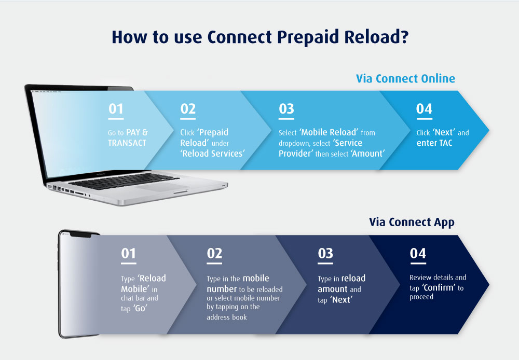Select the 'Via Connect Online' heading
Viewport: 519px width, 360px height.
(x=405, y=78)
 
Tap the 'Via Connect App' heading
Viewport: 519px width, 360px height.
(x=412, y=223)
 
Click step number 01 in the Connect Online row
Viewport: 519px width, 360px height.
(x=116, y=109)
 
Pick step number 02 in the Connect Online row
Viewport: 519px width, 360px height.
(x=188, y=109)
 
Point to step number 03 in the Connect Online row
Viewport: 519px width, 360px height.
(x=286, y=109)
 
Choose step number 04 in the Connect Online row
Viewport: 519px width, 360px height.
(x=425, y=109)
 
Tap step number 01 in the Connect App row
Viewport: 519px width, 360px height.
(x=128, y=254)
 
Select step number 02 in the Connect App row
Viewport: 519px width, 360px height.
(x=214, y=254)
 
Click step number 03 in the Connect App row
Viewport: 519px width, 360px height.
(x=325, y=254)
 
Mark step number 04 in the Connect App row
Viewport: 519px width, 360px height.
(x=418, y=254)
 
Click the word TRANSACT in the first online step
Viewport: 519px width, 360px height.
(x=127, y=143)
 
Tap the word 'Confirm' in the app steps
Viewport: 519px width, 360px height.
(x=439, y=287)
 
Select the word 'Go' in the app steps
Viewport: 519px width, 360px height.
(x=140, y=308)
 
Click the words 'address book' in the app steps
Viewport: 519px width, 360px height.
(x=227, y=317)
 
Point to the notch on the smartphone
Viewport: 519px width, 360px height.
(x=81, y=235)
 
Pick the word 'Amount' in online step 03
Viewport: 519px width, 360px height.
(x=368, y=154)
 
